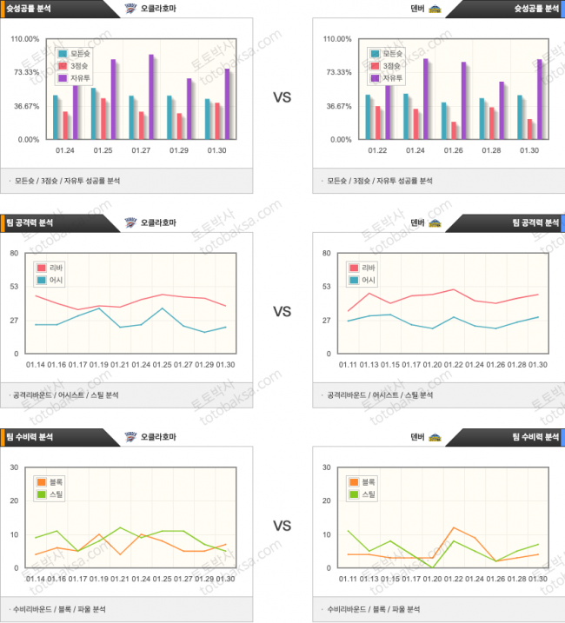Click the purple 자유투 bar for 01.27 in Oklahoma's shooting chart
point(151,96)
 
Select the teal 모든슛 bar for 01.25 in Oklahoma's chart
point(93,113)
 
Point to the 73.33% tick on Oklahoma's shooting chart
point(25,72)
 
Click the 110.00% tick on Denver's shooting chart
point(337,39)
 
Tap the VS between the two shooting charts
point(282,98)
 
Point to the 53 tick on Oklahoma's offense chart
point(15,286)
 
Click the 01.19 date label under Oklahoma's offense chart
point(99,365)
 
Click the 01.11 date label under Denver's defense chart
point(349,579)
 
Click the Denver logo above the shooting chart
point(435,8)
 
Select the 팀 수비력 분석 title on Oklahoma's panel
point(29,436)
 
